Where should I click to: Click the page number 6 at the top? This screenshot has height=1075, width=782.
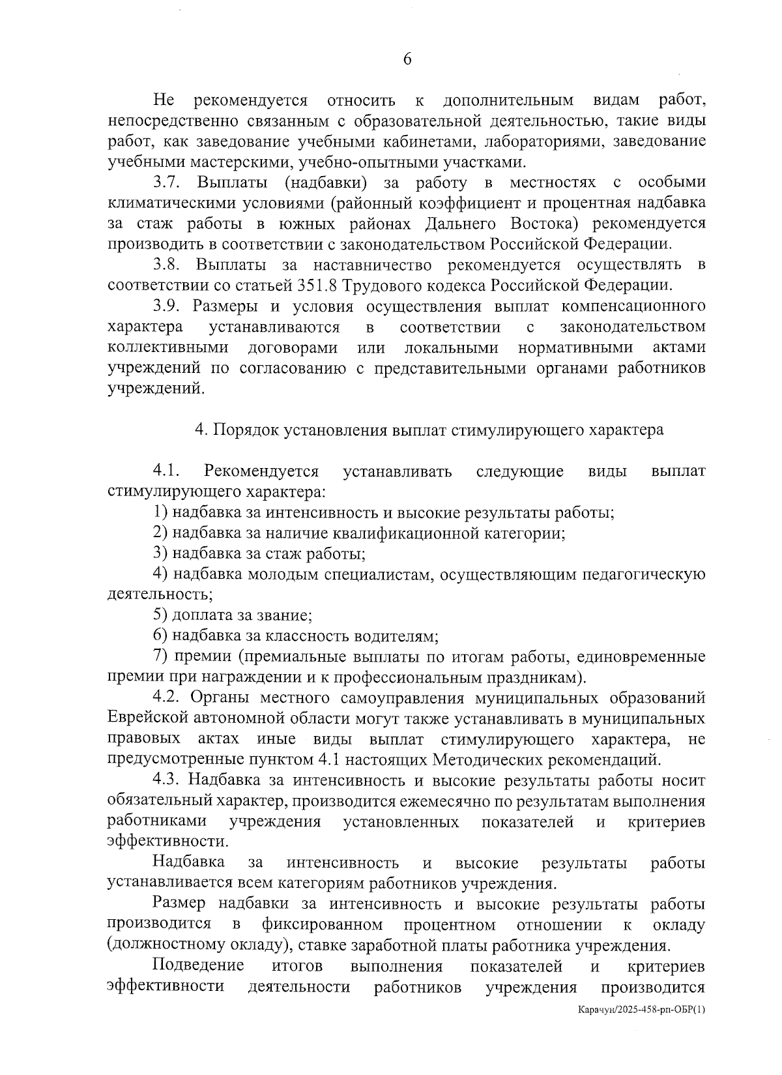(407, 59)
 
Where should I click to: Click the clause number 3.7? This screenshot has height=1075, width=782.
(166, 182)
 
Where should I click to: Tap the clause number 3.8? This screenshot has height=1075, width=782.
(166, 265)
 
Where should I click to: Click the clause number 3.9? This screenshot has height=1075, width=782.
(166, 306)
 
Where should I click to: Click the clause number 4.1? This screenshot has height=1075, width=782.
(166, 471)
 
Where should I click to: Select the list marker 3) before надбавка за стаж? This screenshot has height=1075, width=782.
(161, 554)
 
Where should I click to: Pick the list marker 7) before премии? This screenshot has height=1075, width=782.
(161, 656)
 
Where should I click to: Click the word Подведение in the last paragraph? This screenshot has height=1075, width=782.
(198, 965)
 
